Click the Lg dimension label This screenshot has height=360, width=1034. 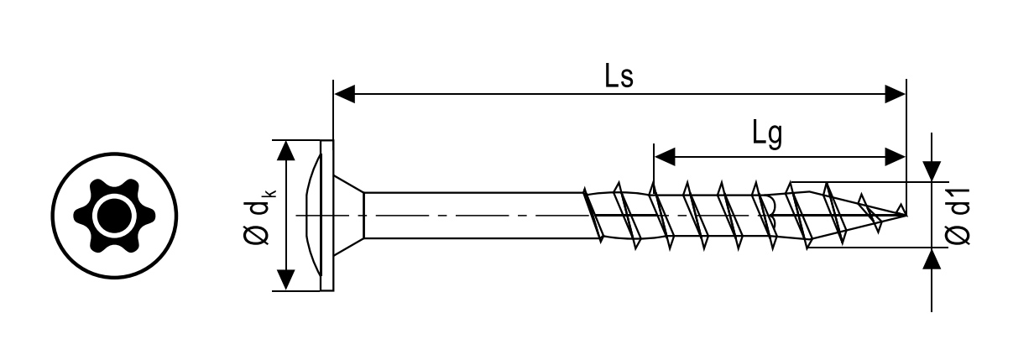click(x=766, y=134)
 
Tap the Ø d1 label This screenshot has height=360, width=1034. click(x=958, y=216)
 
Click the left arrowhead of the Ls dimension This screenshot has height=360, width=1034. click(x=344, y=94)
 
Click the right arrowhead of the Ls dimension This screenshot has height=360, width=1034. click(x=896, y=94)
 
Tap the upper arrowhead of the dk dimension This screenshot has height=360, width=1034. click(x=286, y=150)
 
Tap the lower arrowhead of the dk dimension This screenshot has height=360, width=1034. click(x=286, y=280)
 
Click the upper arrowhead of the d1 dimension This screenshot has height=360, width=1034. click(x=932, y=171)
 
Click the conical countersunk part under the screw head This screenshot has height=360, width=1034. click(x=348, y=215)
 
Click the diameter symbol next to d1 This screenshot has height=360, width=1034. click(x=958, y=237)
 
